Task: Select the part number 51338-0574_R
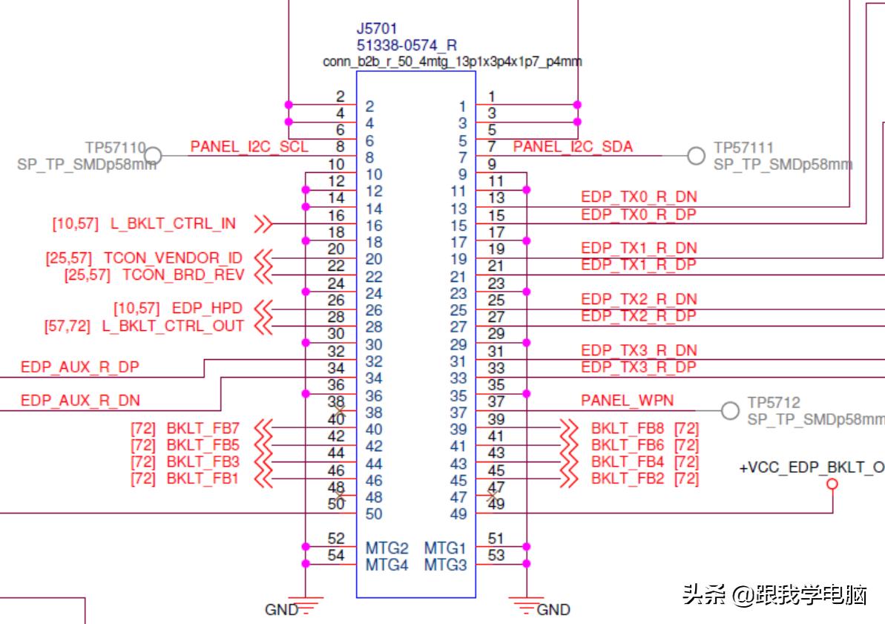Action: (407, 45)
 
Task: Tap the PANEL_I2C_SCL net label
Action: (249, 147)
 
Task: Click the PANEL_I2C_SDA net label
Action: (573, 147)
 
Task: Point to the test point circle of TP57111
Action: (696, 155)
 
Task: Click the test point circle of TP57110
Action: (152, 155)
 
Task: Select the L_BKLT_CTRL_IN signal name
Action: (173, 223)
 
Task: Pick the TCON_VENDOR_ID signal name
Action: (173, 258)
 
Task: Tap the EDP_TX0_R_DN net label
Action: (639, 197)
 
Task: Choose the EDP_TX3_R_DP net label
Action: (639, 367)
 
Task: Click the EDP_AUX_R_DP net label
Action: (80, 367)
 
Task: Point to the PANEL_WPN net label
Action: (627, 401)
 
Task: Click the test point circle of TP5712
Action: (731, 410)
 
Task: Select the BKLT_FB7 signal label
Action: (203, 428)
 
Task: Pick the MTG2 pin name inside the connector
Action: (387, 548)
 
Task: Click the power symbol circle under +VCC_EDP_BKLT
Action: (832, 485)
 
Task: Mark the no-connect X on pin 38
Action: (340, 410)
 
